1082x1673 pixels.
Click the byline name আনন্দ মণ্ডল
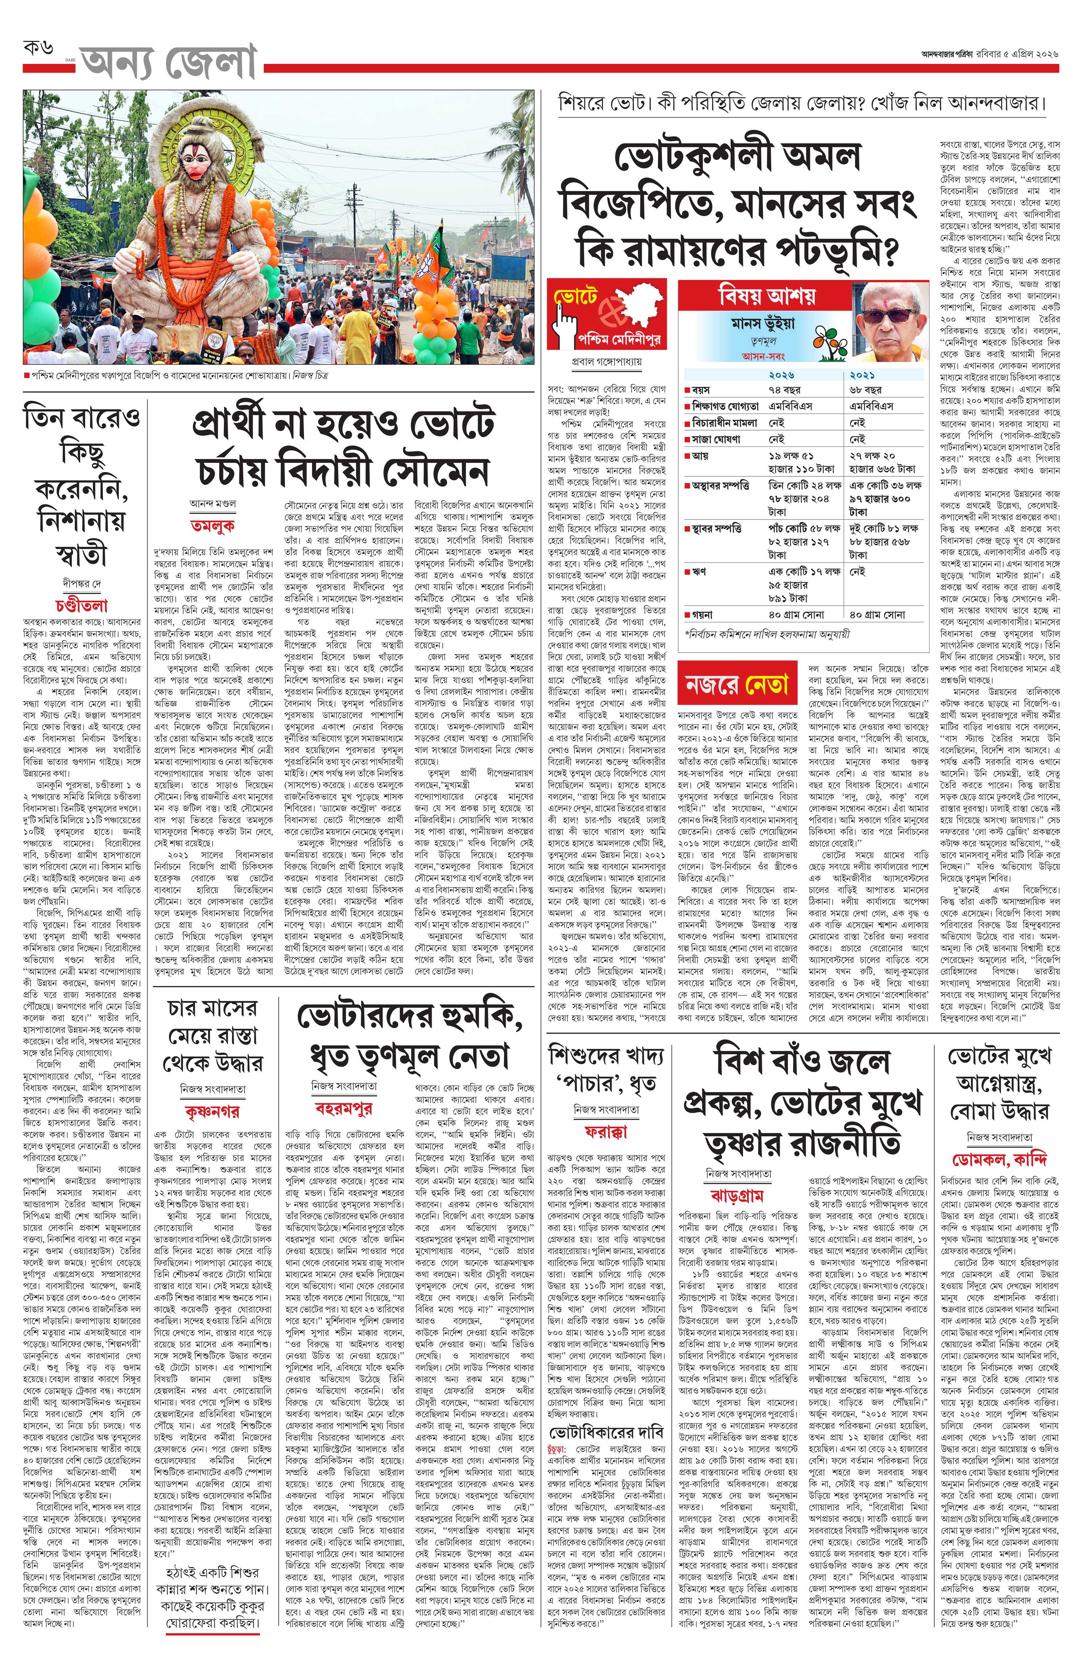point(212,503)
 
